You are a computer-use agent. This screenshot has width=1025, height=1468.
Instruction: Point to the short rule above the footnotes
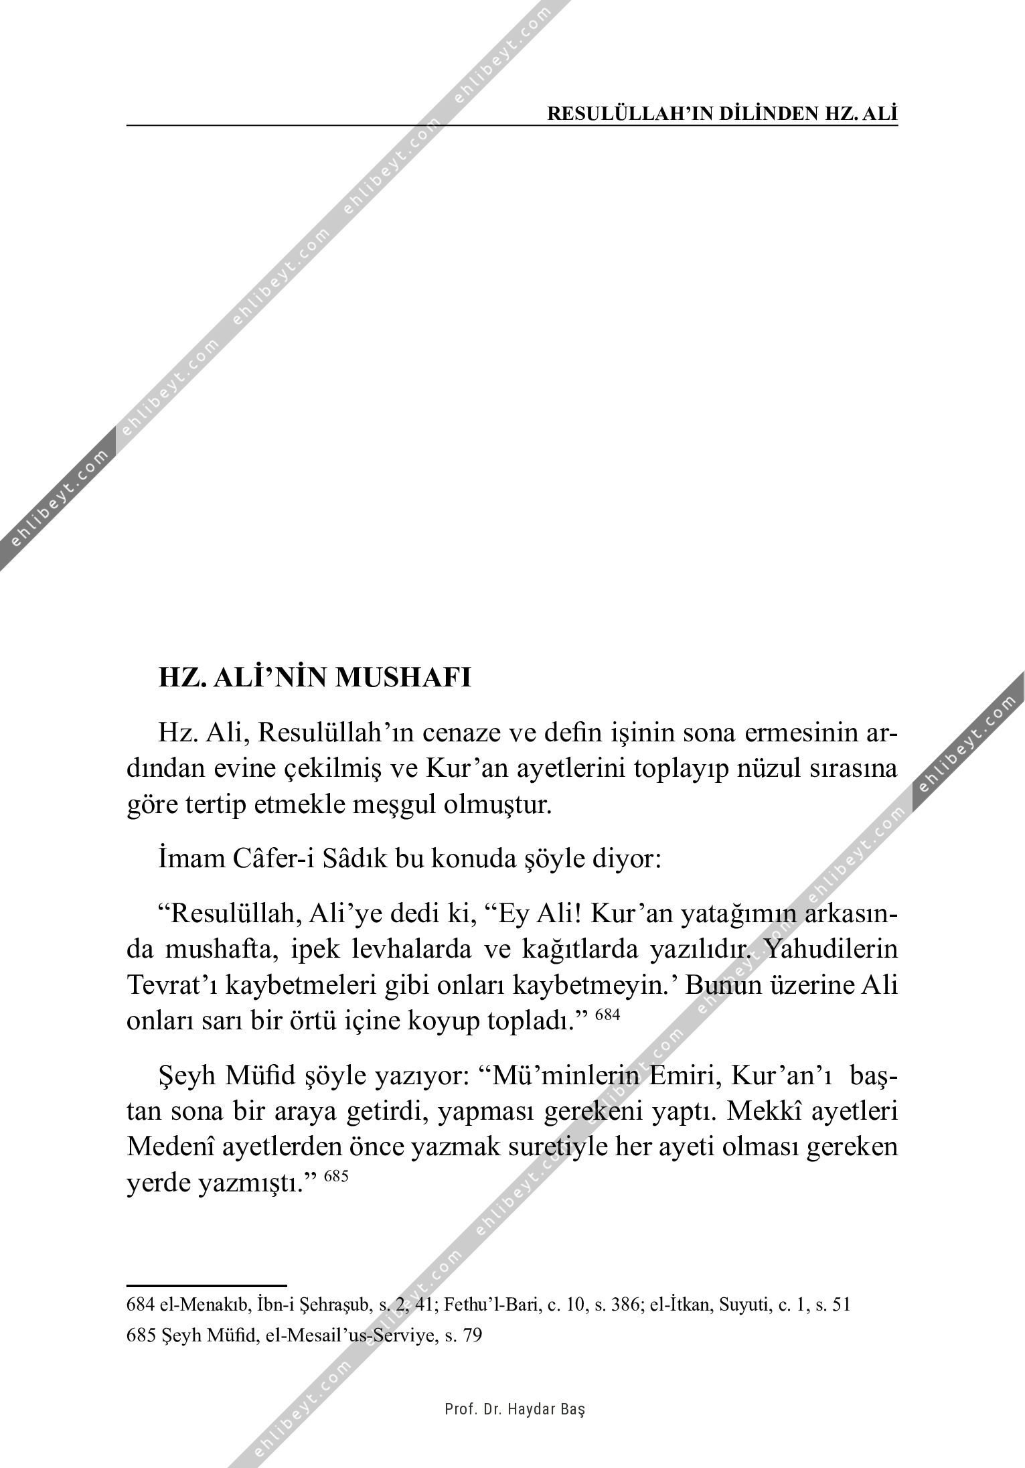click(x=206, y=1286)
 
